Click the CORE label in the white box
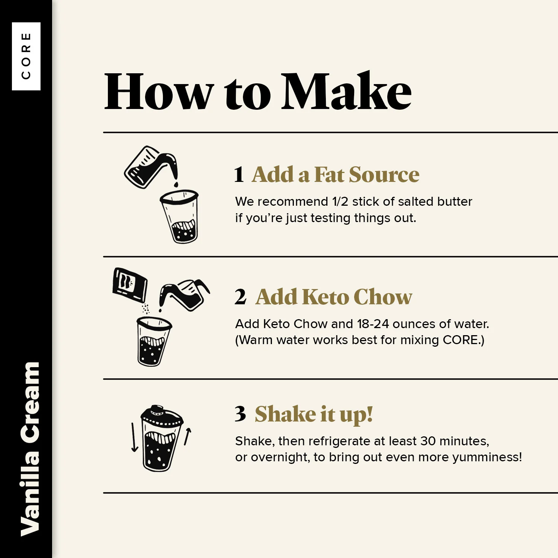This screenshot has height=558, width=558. tap(26, 56)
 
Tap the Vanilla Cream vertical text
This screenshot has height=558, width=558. tap(30, 449)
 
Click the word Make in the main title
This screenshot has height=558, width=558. tap(346, 92)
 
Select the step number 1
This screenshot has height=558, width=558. tap(239, 174)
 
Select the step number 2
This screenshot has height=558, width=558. tap(240, 297)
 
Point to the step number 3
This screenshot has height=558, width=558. tap(240, 414)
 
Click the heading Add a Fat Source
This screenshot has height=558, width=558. tap(336, 174)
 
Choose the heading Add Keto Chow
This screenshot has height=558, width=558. tap(334, 297)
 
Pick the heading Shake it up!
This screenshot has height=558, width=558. tap(314, 414)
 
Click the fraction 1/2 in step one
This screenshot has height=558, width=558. tap(340, 202)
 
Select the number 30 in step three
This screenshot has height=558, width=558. tap(428, 441)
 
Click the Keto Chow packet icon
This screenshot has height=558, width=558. tap(130, 284)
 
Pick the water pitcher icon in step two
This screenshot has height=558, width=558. tap(184, 295)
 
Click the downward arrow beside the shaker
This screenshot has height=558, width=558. tap(134, 437)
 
